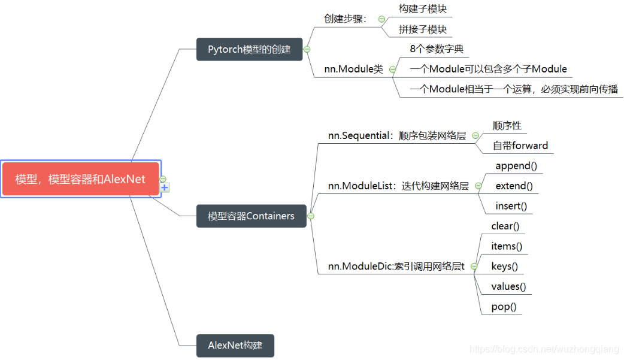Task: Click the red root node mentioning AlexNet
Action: [x=80, y=179]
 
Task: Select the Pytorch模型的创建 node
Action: [x=249, y=49]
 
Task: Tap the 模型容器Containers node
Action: [x=251, y=216]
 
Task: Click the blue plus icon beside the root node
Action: [x=165, y=188]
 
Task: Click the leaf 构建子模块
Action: [x=423, y=9]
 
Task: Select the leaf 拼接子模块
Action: [x=423, y=29]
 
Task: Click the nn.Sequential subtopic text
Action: [x=396, y=135]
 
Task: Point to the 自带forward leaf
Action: [x=520, y=146]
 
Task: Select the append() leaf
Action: [x=516, y=166]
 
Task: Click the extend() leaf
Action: [x=514, y=186]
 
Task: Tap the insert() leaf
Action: [x=511, y=206]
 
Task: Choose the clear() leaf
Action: [x=505, y=226]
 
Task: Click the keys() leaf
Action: [x=504, y=267]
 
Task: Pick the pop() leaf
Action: [x=504, y=307]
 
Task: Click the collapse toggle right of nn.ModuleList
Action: [x=478, y=186]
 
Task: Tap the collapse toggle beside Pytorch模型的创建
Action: [x=307, y=49]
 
